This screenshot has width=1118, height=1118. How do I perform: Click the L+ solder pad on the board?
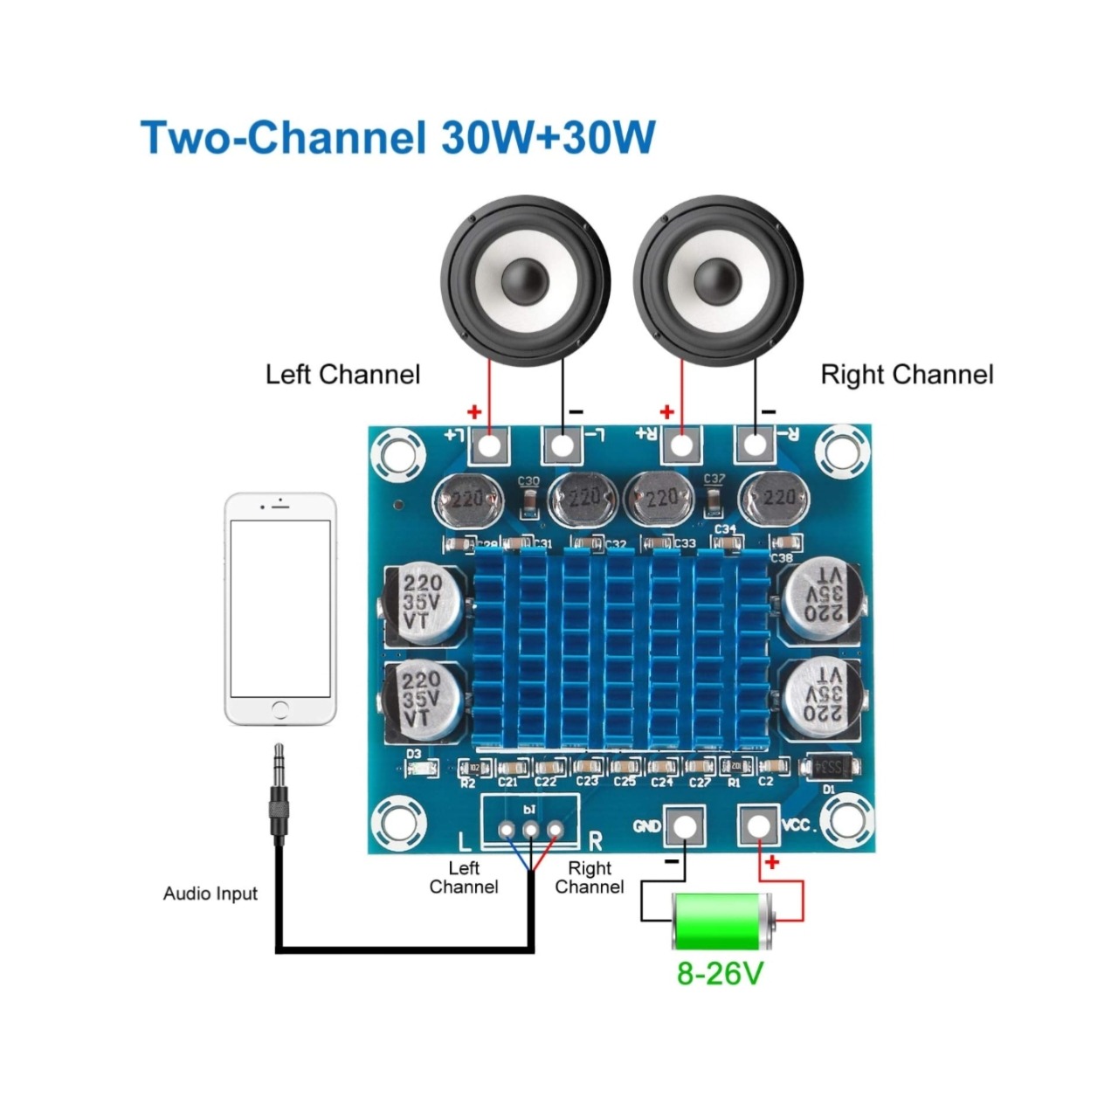pos(490,445)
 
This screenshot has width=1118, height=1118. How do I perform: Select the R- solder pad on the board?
pos(755,445)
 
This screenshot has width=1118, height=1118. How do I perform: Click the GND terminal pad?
pos(685,825)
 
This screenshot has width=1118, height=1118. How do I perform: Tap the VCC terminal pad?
pos(758,825)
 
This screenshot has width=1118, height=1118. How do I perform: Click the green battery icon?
pos(722,921)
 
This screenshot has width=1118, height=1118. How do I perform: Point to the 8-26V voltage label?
pos(720,973)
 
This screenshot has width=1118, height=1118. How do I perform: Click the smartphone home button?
pos(280,708)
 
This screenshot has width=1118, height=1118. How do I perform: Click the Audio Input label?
pos(210,894)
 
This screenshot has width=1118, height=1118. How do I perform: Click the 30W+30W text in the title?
pos(549,137)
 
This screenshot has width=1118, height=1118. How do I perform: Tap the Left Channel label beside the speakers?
pos(342,375)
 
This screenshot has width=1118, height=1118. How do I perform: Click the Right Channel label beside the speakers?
pos(907,375)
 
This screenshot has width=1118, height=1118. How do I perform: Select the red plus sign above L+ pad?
pos(474,411)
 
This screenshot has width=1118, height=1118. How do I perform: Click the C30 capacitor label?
pos(528,481)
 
